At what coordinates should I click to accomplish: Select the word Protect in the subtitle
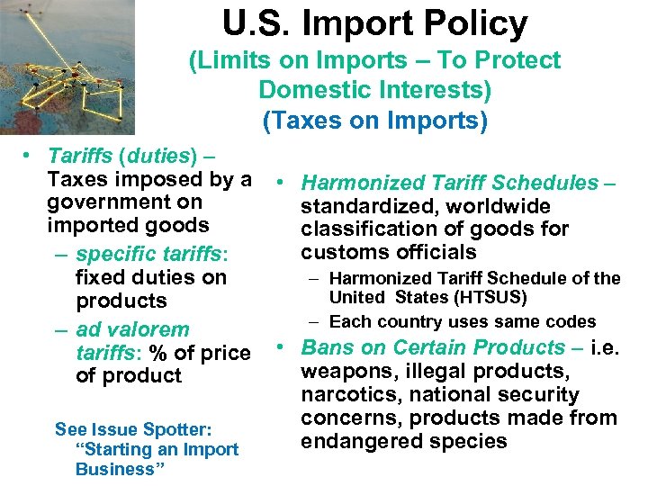pyautogui.click(x=519, y=60)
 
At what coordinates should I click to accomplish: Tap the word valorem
pyautogui.click(x=147, y=329)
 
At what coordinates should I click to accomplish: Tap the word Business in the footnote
pyautogui.click(x=114, y=469)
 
